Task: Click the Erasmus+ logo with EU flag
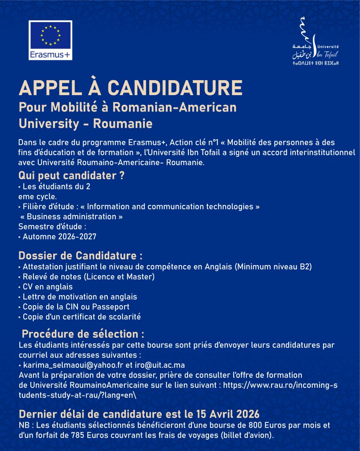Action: pos(50,40)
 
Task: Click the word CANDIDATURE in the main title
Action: pos(175,88)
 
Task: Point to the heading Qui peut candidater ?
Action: pos(71,175)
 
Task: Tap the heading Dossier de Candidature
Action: pos(81,255)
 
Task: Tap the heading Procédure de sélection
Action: pos(83,333)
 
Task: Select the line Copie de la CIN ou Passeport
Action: pos(76,307)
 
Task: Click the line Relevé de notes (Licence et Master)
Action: pos(88,277)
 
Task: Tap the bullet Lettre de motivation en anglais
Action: pos(80,296)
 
